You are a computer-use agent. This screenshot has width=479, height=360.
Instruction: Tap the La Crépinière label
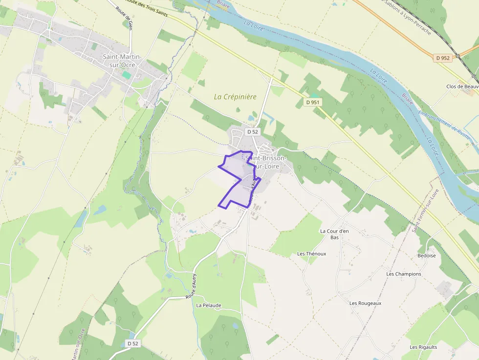235,97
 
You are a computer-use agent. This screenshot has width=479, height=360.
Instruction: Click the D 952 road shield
443,58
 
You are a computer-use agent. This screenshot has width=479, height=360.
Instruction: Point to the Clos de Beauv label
462,86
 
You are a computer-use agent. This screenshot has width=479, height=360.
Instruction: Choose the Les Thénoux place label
311,254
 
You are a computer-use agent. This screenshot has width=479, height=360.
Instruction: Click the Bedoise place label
426,255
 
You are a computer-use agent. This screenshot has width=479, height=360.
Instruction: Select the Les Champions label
403,274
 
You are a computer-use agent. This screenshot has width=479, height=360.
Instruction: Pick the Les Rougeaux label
365,303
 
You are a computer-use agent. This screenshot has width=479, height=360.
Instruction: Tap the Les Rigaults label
423,347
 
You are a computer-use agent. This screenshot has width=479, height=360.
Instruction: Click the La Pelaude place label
209,305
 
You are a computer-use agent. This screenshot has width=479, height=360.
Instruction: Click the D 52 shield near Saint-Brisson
252,131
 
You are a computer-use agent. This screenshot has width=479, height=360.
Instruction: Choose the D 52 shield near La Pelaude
133,343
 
